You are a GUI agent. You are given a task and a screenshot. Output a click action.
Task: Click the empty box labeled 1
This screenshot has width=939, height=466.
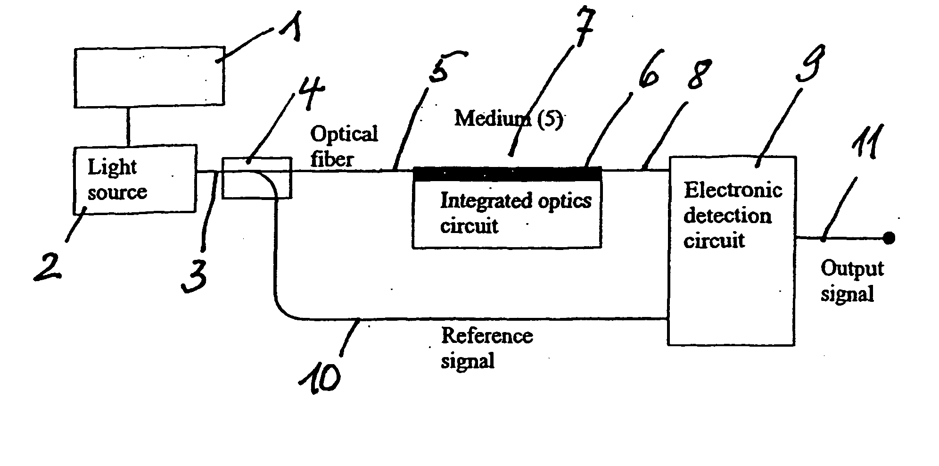(x=149, y=76)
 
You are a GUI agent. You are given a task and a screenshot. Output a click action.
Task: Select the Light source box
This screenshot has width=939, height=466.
(x=135, y=179)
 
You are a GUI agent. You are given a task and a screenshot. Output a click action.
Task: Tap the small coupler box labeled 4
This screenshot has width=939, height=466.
(x=257, y=178)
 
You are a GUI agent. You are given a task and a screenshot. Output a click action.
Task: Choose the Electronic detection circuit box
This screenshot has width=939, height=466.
(x=732, y=251)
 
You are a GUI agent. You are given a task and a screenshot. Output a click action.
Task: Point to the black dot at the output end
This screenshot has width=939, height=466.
(x=889, y=238)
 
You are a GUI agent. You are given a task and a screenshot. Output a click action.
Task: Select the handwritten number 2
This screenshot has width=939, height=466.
(x=48, y=266)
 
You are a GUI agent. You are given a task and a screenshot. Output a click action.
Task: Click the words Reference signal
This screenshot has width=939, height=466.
(x=487, y=349)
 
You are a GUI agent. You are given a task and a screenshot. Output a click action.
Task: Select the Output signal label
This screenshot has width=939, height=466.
(x=852, y=281)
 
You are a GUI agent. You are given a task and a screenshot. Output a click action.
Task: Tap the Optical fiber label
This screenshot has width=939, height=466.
(x=344, y=146)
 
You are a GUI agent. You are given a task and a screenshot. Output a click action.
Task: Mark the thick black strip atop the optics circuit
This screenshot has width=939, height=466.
(x=507, y=174)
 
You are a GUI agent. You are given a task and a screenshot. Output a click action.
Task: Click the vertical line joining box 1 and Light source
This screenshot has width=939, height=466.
(x=127, y=125)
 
